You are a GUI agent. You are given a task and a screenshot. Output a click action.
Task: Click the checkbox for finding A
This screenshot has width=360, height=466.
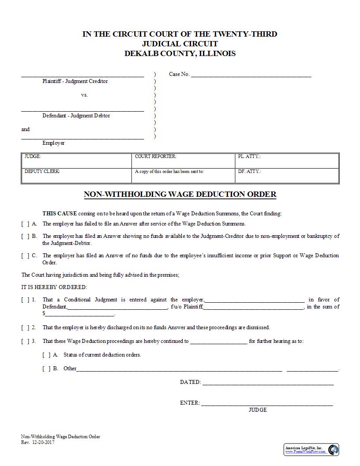pos(25,224)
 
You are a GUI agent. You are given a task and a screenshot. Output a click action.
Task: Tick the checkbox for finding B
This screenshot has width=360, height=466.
pos(25,236)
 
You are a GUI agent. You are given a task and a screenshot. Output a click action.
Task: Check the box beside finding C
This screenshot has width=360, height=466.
pos(25,256)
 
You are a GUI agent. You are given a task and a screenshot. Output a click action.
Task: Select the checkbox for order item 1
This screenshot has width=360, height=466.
pos(25,300)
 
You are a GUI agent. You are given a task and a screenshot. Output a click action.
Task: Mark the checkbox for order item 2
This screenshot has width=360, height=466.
pos(25,327)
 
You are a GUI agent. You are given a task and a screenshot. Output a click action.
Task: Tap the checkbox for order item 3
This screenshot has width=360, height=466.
pos(25,341)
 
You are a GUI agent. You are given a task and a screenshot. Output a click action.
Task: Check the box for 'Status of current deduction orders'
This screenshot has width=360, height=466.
pos(46,355)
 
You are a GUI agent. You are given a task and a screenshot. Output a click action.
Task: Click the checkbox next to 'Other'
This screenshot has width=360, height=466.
pos(46,368)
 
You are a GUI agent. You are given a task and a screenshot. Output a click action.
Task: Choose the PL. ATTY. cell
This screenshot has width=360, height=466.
pos(287,161)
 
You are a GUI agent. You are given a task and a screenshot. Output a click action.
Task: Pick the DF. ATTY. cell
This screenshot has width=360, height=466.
pos(287,176)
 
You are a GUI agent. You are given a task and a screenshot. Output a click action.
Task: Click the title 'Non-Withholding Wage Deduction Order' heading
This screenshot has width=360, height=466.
pos(180,194)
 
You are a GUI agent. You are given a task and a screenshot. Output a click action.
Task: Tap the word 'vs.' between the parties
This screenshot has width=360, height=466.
pos(85,95)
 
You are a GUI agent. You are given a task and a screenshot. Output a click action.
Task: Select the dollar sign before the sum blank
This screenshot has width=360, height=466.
pos(44,314)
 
